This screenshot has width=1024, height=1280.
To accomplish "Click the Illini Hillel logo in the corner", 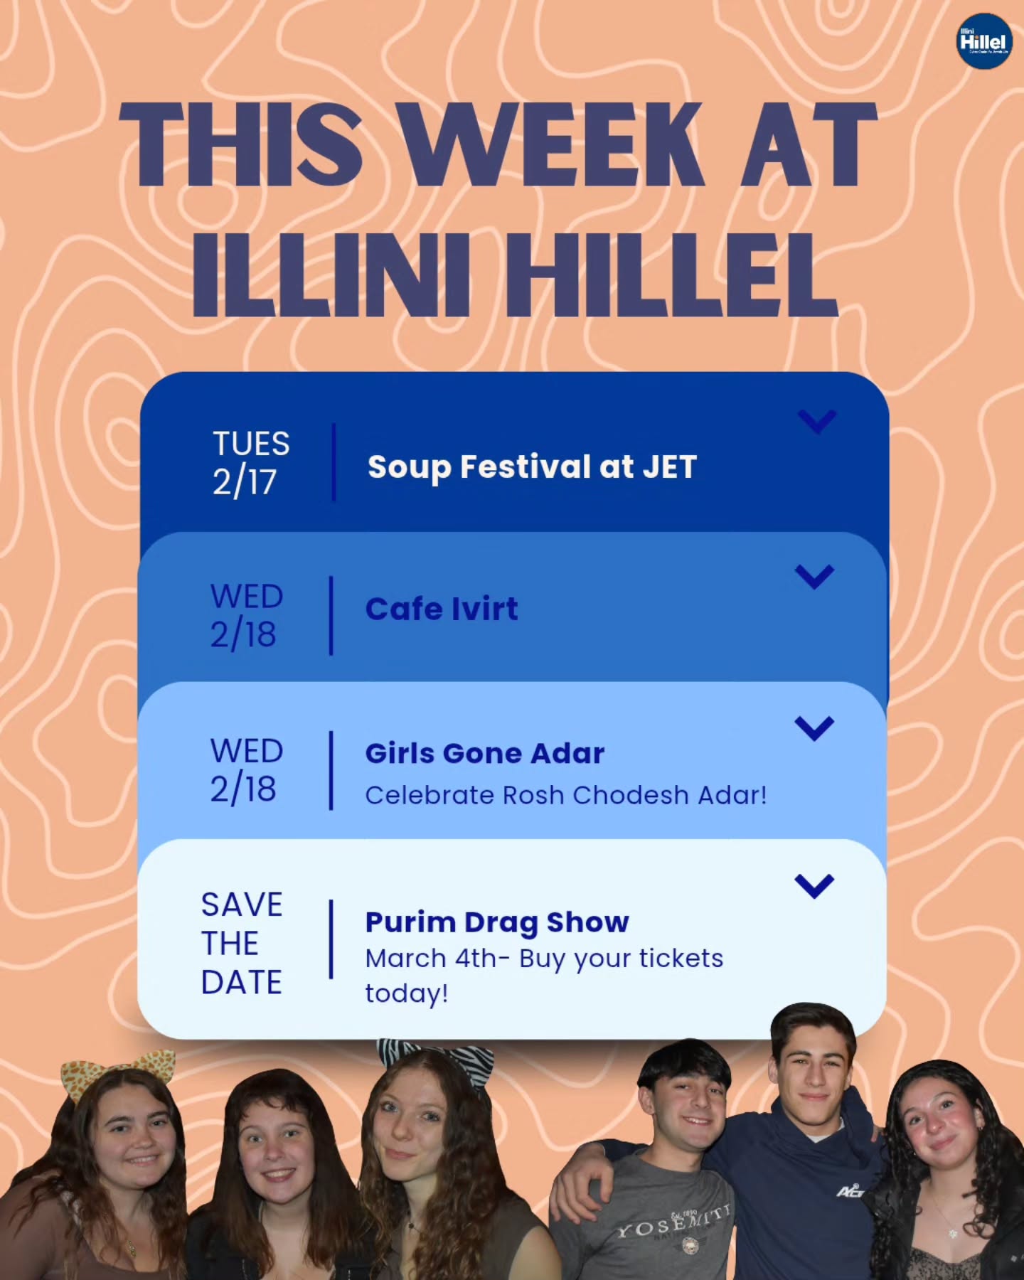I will pos(983,41).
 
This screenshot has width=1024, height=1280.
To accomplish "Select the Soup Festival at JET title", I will pos(532,467).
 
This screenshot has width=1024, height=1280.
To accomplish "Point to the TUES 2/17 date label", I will pos(250,462).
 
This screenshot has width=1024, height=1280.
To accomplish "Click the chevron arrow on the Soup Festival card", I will pos(817,421).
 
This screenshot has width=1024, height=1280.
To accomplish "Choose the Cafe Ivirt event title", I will pos(442,609).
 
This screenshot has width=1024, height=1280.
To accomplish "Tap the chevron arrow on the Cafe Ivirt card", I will pos(814,576).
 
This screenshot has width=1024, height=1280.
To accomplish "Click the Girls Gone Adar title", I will pos(485,753).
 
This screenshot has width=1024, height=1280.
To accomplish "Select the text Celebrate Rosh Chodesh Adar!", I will pos(566,795).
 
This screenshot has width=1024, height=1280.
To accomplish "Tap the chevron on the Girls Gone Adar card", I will pos(814,728).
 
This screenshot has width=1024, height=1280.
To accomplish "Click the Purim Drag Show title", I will pos(497,922).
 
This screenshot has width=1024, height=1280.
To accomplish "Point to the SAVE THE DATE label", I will pos(242,943).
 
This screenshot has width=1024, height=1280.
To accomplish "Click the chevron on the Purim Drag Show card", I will pos(814,886).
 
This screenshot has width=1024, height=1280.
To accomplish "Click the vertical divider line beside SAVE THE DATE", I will pos(331,939).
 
